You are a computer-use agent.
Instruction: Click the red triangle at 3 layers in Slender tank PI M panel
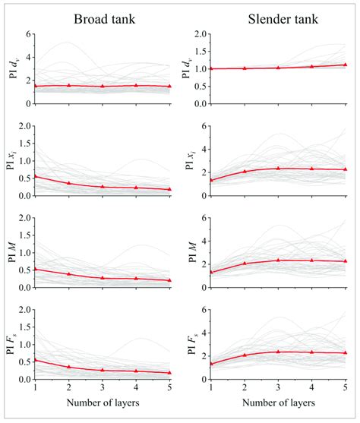279,260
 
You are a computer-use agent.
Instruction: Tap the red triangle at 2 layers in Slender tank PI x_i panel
245,172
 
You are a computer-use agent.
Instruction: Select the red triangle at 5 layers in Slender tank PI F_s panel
346,352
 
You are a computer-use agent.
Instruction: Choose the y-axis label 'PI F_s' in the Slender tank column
189,345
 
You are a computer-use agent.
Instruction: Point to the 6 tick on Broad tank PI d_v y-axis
29,34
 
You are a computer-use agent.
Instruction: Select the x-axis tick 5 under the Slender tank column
346,387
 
